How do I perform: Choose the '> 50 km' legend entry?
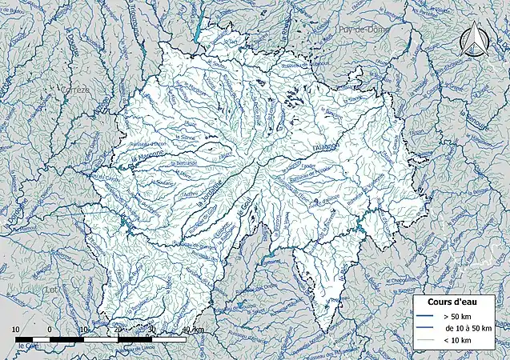click(448, 317)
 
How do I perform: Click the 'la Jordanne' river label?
click(210, 195)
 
